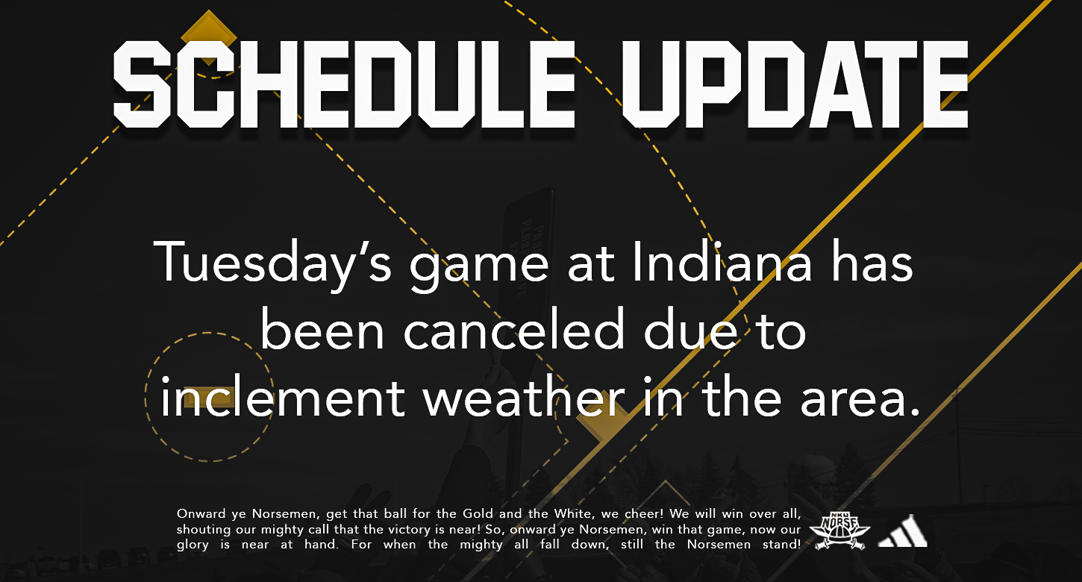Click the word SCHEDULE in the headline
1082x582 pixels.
point(345,84)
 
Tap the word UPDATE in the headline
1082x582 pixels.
point(795,84)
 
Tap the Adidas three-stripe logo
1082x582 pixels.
point(902,531)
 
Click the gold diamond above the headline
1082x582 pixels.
point(209,37)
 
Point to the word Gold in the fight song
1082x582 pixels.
point(478,513)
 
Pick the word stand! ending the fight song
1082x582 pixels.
point(781,545)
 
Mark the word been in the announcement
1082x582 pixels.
point(322,328)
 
